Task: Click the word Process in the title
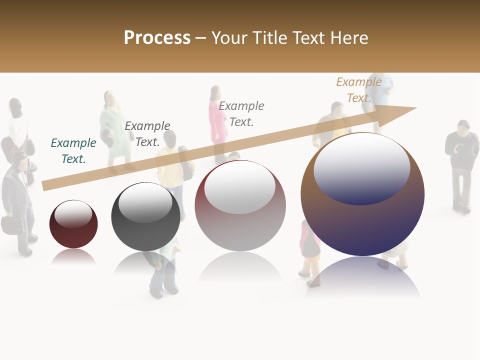(157, 38)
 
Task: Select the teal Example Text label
(73, 151)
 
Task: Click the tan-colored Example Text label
(358, 90)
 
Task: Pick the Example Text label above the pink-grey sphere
(241, 113)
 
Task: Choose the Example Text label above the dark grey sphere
(147, 134)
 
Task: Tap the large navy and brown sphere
(362, 215)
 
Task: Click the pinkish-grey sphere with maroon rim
(240, 220)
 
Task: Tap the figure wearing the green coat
(113, 132)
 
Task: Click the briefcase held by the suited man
(10, 224)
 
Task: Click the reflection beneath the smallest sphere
(73, 257)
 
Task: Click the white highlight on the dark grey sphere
(145, 202)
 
